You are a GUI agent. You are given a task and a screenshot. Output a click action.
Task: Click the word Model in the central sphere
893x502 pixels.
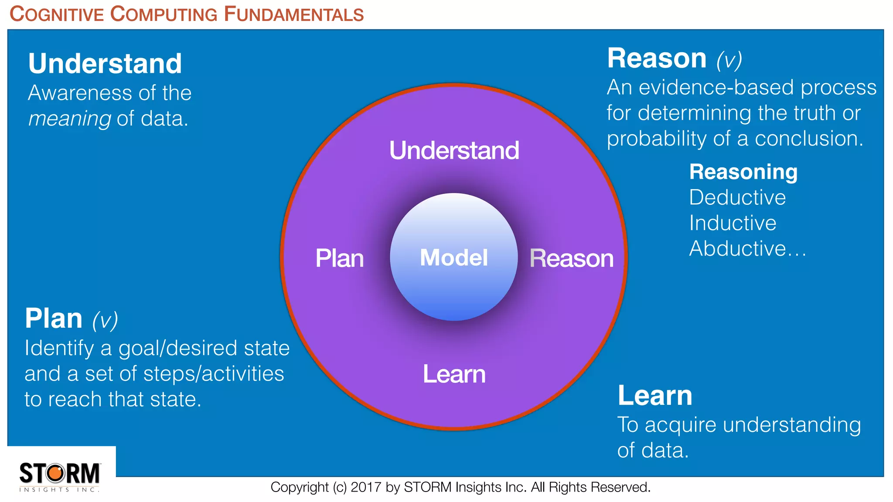click(x=453, y=258)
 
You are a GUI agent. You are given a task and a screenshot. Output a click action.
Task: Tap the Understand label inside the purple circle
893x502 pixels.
click(x=454, y=151)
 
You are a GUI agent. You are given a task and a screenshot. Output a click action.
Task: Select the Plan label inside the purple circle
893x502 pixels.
click(x=339, y=258)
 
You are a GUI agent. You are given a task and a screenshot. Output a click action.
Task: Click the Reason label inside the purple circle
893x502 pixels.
click(x=571, y=258)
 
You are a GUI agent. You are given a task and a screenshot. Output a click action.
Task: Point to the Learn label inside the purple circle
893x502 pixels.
click(x=454, y=374)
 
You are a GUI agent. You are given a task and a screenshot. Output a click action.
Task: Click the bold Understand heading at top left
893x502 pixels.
click(x=105, y=64)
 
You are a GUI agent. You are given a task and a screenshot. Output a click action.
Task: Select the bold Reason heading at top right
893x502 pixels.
click(x=657, y=58)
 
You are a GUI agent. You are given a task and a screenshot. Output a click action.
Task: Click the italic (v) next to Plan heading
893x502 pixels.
click(x=105, y=320)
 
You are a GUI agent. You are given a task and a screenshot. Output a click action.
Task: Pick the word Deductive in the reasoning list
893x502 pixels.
click(x=737, y=198)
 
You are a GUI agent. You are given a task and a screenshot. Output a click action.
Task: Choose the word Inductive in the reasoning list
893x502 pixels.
click(x=733, y=223)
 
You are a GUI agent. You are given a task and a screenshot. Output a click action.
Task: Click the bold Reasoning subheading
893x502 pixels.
click(x=743, y=172)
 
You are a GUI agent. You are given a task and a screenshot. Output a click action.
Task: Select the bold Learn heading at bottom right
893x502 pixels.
click(x=655, y=396)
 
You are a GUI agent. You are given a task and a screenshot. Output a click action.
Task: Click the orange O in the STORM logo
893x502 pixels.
click(x=56, y=473)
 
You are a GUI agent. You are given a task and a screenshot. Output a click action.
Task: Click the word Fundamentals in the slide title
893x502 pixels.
click(x=294, y=14)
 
